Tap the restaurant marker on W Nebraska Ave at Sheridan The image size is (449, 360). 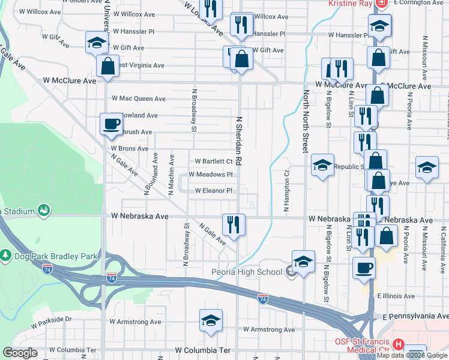click(233, 223)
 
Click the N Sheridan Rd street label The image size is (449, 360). click(238, 141)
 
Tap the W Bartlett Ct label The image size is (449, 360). click(214, 161)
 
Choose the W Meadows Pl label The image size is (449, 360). click(210, 175)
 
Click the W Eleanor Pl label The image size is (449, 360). click(213, 191)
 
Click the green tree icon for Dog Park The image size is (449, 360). click(5, 256)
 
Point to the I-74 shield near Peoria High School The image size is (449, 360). click(262, 298)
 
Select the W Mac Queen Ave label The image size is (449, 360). click(139, 98)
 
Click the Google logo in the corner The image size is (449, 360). click(20, 353)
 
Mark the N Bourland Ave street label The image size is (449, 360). click(146, 174)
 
